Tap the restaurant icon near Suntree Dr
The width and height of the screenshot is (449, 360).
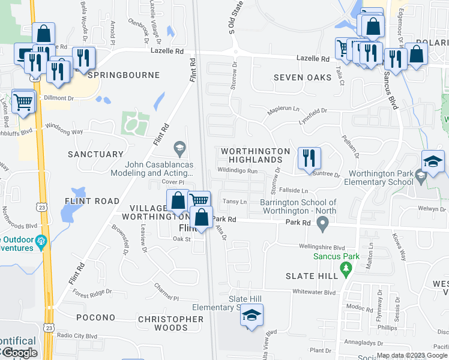coord(309,158)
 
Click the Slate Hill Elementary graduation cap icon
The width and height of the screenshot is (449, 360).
coord(252,314)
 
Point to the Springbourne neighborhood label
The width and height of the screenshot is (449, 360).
coord(124,75)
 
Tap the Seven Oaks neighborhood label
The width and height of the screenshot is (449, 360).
coord(303,77)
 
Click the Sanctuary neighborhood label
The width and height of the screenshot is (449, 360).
coord(95,154)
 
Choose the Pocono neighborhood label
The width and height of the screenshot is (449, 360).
coord(95,317)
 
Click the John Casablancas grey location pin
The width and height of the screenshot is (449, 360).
coord(179,147)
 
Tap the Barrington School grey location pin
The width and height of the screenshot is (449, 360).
coord(323,226)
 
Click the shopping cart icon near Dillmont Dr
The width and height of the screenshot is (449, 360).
coord(23,102)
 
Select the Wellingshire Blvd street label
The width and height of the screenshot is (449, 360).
coord(322,247)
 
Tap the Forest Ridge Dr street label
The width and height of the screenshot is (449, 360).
coord(92,293)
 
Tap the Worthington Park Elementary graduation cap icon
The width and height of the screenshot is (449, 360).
coord(433,161)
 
